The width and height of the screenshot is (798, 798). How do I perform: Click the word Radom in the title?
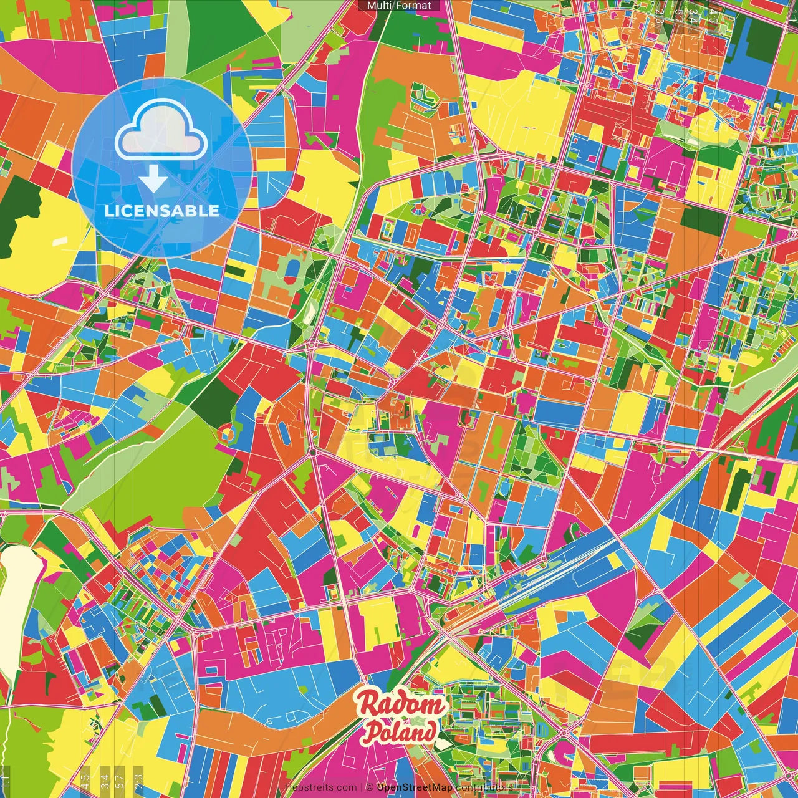click(401, 705)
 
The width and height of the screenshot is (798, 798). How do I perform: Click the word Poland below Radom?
click(400, 732)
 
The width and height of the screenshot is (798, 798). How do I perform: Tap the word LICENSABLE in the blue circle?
click(161, 211)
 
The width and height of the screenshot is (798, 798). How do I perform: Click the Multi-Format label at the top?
click(399, 6)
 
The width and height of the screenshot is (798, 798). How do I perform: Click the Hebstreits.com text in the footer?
click(320, 787)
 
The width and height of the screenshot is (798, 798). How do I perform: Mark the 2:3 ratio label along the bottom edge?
click(138, 779)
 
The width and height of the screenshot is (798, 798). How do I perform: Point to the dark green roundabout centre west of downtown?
click(312, 452)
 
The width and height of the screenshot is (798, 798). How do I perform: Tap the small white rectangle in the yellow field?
click(59, 241)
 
